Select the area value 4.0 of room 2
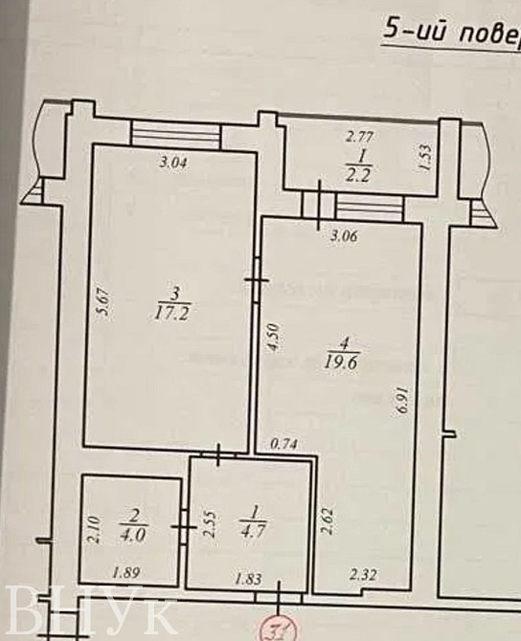tap(132, 535)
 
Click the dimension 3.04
tap(171, 163)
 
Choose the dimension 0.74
tap(284, 443)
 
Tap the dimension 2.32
tap(363, 575)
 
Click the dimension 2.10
tap(93, 528)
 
